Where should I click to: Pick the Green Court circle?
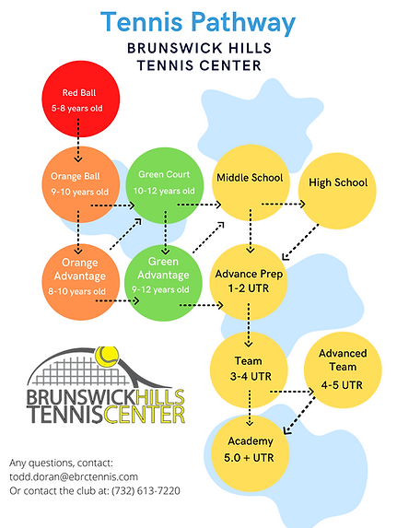[x=164, y=182]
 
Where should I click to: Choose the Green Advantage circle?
[x=162, y=276]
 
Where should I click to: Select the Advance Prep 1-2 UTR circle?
[x=249, y=281]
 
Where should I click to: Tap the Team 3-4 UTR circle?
[x=249, y=370]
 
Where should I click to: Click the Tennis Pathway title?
[x=198, y=22]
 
